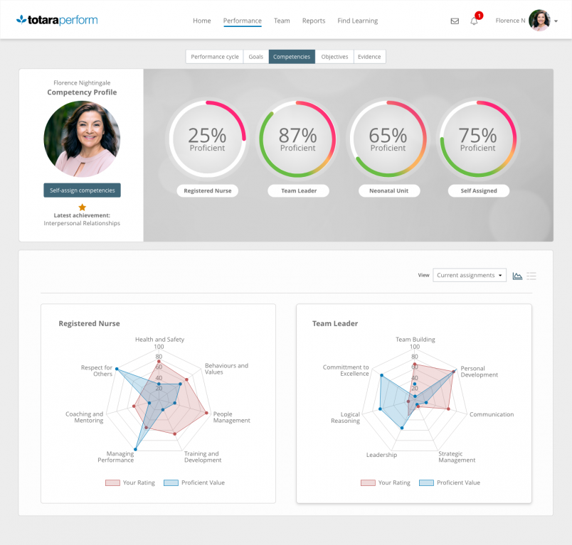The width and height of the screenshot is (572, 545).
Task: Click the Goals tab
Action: click(255, 57)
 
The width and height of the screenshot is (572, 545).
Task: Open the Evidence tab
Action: click(369, 57)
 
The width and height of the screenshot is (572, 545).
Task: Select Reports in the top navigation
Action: click(314, 21)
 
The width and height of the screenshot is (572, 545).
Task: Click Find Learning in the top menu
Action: click(358, 21)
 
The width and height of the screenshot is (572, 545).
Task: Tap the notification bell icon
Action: click(475, 21)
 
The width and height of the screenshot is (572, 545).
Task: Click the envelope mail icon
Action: click(455, 21)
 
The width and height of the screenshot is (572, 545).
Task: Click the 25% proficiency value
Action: click(207, 135)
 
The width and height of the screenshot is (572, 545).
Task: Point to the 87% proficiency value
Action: click(297, 135)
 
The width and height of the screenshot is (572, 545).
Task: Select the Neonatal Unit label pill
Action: click(388, 190)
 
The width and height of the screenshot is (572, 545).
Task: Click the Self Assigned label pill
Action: click(478, 190)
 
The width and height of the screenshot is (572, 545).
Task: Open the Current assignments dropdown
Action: click(470, 275)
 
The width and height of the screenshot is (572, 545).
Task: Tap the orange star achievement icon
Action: click(82, 207)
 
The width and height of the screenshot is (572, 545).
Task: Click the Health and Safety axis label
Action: click(159, 340)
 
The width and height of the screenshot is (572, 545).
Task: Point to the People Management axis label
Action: click(232, 417)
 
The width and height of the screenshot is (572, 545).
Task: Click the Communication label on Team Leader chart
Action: click(491, 414)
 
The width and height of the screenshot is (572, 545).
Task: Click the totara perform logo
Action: click(57, 20)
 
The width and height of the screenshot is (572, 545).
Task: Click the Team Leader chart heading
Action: click(335, 323)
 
